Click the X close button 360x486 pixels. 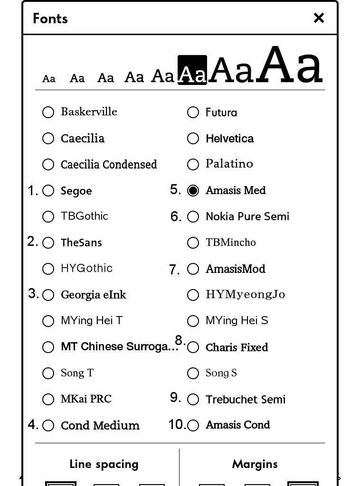coord(319,18)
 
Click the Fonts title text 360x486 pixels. coord(50,19)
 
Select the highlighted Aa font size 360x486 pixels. coord(192,70)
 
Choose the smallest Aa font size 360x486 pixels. coord(49,79)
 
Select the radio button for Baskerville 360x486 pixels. coord(48,112)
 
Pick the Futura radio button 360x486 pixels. coord(193,112)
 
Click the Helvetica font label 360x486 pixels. coord(229,139)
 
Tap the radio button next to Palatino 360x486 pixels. coord(193,165)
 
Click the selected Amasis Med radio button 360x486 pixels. coord(193,190)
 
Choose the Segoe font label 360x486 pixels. coord(76,191)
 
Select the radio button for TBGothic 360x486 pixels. coord(48,217)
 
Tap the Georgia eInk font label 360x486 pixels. coord(93,295)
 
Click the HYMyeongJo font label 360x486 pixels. coord(245,295)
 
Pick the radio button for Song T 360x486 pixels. coord(48,374)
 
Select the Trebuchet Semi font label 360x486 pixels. coord(245,400)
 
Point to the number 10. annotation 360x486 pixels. coord(177,424)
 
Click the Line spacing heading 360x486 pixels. coord(104,464)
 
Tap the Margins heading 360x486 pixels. coord(255,464)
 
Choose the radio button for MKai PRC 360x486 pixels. coord(48,400)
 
